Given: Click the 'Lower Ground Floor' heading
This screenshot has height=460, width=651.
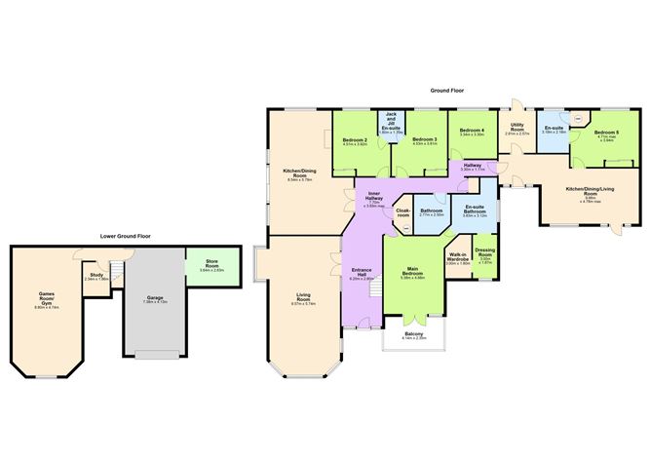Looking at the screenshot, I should coord(127,236).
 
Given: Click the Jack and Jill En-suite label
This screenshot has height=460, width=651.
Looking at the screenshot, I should coord(391,123).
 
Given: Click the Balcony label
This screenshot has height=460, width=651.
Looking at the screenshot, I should coord(414,336).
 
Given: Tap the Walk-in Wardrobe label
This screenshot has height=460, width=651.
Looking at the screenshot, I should coord(458,260).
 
